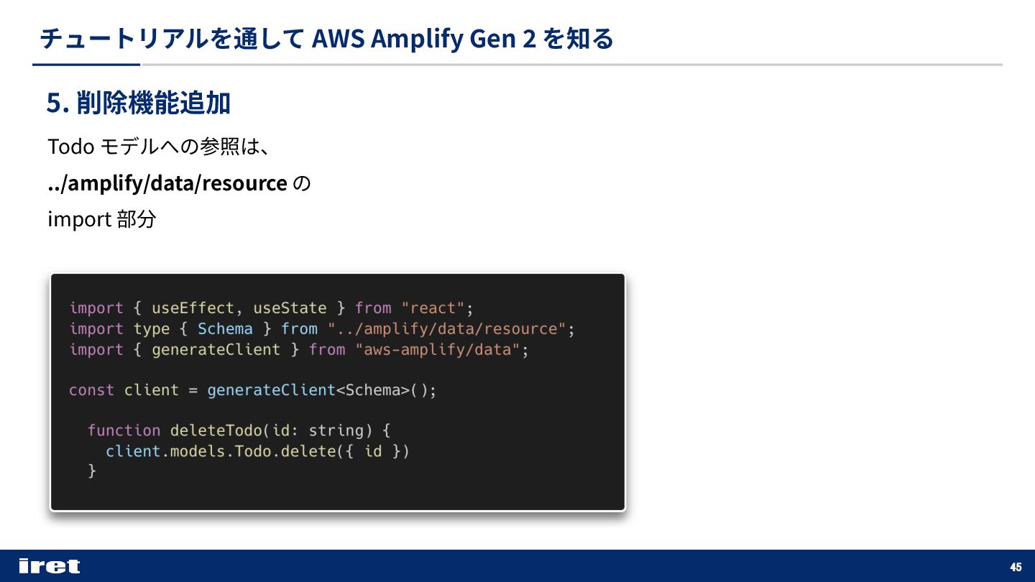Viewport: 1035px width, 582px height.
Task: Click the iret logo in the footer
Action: tap(49, 566)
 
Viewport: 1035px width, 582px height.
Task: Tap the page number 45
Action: tap(1016, 567)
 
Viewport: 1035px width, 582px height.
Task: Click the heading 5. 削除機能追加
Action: tap(139, 103)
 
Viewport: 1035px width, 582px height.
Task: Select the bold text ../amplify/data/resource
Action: tap(167, 183)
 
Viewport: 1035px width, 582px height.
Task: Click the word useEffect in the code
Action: tap(193, 308)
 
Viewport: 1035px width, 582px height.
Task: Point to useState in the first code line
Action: tap(290, 308)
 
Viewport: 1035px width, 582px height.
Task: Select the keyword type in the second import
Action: tap(152, 329)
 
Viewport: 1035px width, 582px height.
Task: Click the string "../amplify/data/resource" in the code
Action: tap(447, 329)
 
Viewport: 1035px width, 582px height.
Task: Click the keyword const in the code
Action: tap(91, 390)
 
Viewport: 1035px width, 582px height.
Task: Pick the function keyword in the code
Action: tap(124, 430)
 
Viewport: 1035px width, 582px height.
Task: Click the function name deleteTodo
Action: tap(216, 430)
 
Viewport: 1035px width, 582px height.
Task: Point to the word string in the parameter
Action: tap(336, 430)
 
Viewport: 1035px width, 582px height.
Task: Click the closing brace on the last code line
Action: tap(91, 471)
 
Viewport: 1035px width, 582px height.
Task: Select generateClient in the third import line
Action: tap(216, 350)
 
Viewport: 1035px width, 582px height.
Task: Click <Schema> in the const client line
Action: tap(372, 390)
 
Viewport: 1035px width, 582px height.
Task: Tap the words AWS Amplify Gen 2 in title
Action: tap(424, 39)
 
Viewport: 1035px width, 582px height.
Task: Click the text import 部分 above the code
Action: tap(101, 219)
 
